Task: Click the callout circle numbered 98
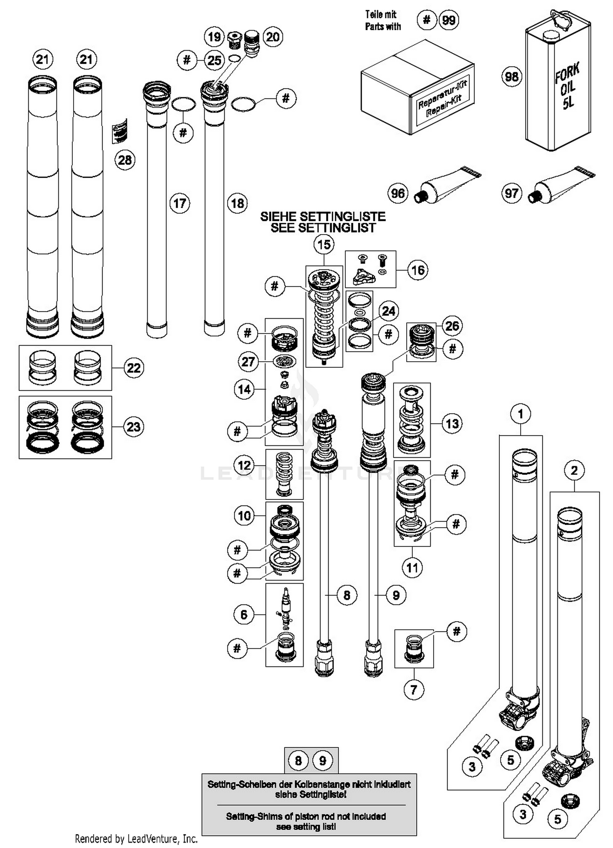pos(512,77)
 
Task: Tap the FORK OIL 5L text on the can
pos(568,86)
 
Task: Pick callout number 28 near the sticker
pos(125,160)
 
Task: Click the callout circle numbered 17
pos(180,203)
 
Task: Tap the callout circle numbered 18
pos(237,203)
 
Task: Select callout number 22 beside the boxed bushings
pos(134,368)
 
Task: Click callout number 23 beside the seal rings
pos(134,427)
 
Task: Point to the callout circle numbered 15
pos(324,244)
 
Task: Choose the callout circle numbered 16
pos(418,270)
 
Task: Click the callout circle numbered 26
pos(452,326)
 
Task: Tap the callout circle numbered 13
pos(452,423)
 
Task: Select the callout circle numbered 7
pos(414,690)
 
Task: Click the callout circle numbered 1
pos(520,414)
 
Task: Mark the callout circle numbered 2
pos(574,470)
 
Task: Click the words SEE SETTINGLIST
pos(323,228)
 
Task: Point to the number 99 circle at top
pos(449,20)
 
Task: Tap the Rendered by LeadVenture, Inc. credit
pos(136,839)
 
